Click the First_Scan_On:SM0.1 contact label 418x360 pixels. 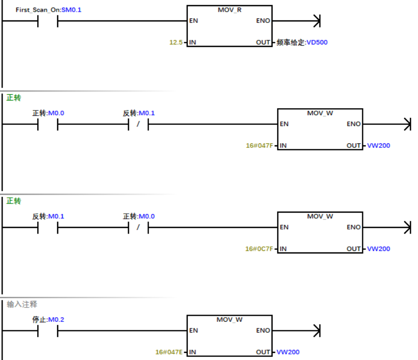click(48, 10)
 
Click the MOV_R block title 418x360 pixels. click(229, 10)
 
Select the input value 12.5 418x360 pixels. click(176, 42)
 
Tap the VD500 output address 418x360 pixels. click(317, 42)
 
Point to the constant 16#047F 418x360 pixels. click(259, 145)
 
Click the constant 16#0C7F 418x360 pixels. click(259, 249)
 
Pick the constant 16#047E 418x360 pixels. click(169, 352)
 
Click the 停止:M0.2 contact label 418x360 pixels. click(48, 320)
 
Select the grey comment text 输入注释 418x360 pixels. click(22, 304)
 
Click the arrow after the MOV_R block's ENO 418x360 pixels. click(316, 21)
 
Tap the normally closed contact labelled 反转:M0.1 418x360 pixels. click(138, 124)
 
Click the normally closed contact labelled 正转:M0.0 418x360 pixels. click(138, 227)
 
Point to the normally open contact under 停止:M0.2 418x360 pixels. click(48, 331)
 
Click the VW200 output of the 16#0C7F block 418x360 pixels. click(379, 249)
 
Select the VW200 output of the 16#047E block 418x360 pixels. click(288, 352)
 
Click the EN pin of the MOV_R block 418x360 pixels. click(193, 21)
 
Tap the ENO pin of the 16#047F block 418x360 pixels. click(354, 124)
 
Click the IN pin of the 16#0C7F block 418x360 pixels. click(283, 249)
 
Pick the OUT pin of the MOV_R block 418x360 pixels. click(263, 42)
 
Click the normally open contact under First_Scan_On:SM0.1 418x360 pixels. click(48, 21)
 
